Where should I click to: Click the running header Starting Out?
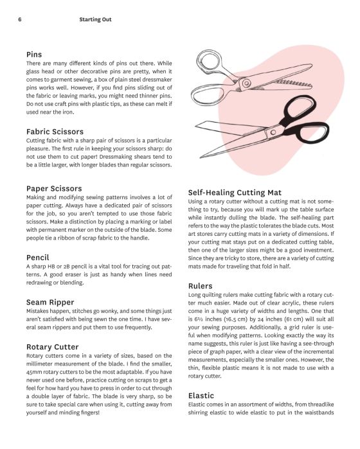point(95,19)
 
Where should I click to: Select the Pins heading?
point(34,55)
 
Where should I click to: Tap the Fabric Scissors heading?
point(55,131)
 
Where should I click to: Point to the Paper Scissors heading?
point(55,188)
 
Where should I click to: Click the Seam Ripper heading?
point(50,301)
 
